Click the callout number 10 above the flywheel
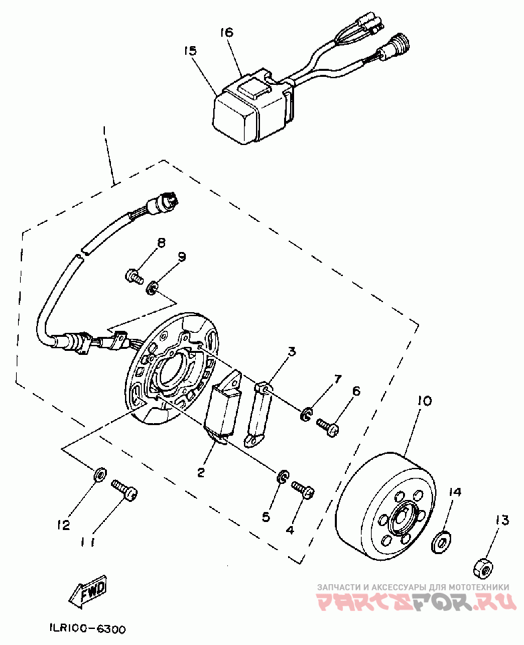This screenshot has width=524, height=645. [424, 401]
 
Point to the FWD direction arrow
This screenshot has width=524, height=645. [88, 590]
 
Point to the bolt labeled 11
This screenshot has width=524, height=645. [124, 489]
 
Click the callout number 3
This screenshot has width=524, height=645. [291, 353]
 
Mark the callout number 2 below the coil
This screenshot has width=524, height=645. [201, 472]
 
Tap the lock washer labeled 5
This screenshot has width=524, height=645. [283, 477]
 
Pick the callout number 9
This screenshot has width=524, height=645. [181, 257]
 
